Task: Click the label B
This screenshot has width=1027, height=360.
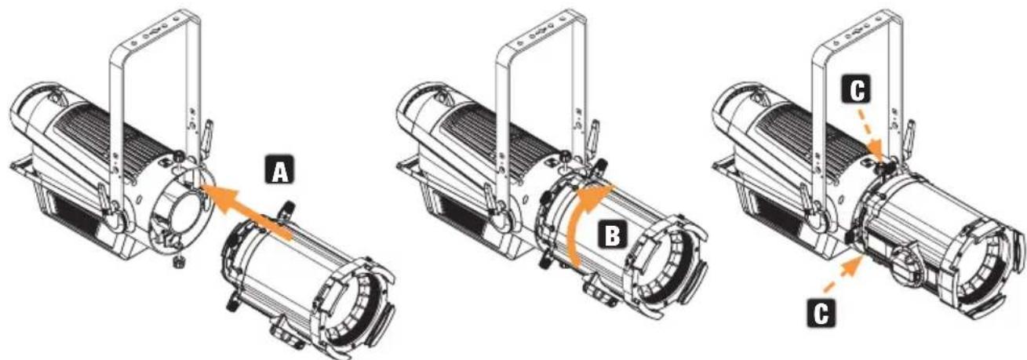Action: [612, 236]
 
